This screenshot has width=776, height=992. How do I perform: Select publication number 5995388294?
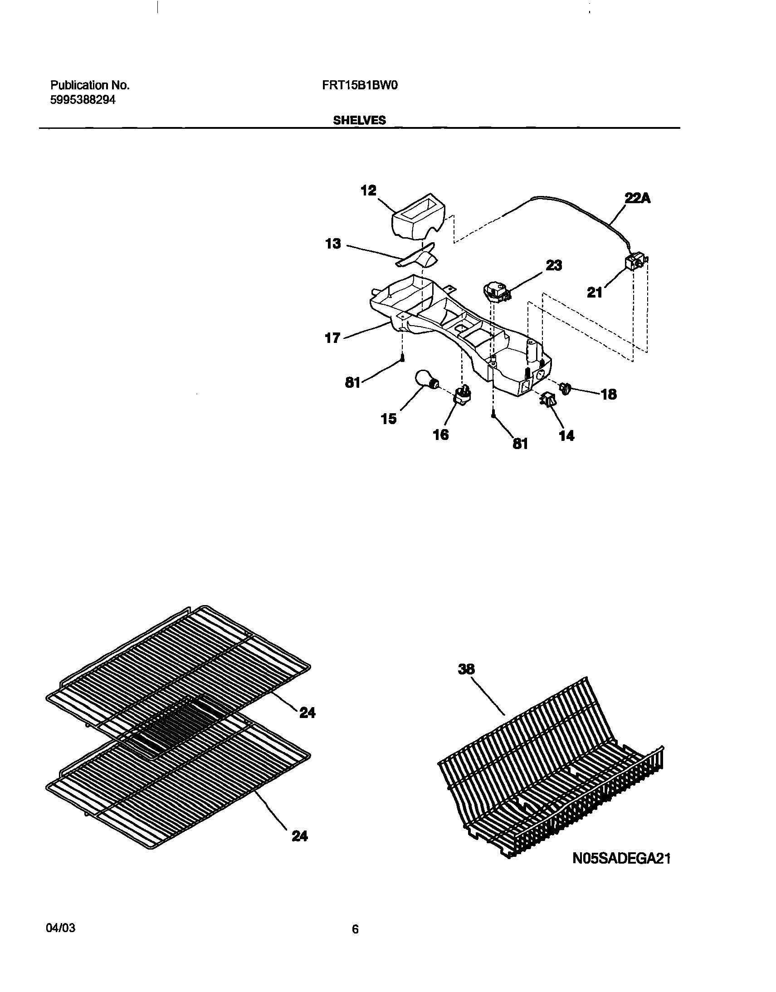click(83, 100)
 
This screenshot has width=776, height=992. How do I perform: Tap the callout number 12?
click(368, 191)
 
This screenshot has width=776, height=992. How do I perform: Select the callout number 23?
click(554, 265)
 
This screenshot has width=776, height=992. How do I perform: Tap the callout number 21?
click(595, 293)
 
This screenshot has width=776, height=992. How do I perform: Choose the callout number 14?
click(566, 436)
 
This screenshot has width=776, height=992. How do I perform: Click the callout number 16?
click(441, 435)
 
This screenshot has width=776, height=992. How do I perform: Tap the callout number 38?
click(466, 669)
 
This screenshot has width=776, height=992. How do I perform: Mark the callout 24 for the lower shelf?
click(300, 836)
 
